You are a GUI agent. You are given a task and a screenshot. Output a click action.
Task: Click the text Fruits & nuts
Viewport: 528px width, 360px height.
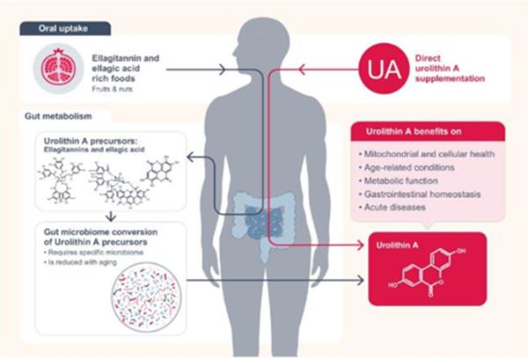(112, 88)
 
